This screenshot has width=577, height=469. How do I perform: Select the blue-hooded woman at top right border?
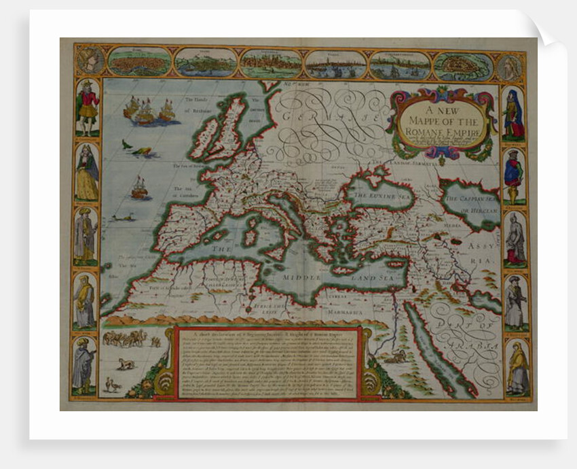[514, 114]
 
